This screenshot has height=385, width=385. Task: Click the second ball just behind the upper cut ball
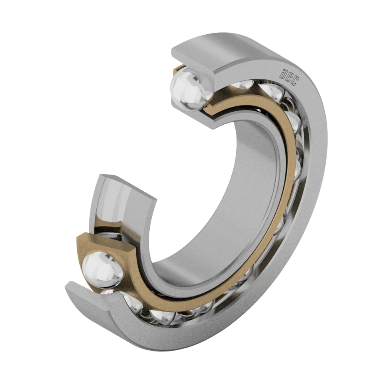[x=240, y=86]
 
